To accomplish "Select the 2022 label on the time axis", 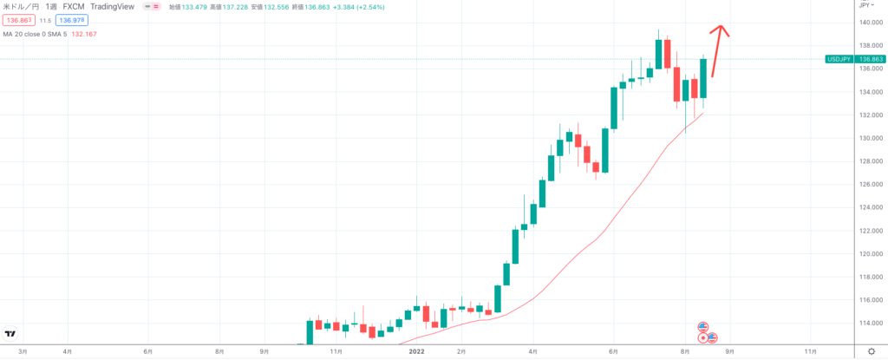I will (x=418, y=350).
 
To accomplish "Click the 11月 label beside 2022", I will (x=335, y=350).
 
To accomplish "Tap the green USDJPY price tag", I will (x=853, y=59).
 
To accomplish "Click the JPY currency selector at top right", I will (x=865, y=5).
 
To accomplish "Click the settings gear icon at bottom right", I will (x=870, y=350).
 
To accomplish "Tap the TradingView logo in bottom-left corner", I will (x=10, y=334).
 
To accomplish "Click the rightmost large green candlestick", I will (x=703, y=78).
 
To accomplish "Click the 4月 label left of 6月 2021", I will (x=68, y=350).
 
